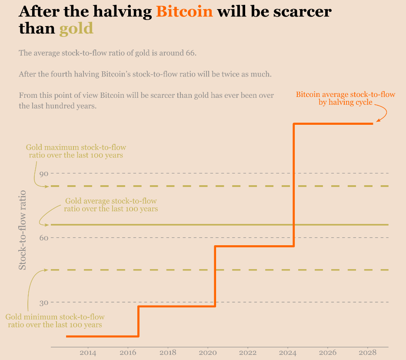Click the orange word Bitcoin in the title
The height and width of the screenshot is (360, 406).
184,12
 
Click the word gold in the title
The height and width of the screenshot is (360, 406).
76,29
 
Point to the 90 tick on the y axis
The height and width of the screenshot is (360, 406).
43,173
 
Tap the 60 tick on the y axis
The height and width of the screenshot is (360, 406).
43,238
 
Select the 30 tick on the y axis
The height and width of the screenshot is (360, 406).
43,302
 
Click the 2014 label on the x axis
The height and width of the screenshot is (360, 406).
88,353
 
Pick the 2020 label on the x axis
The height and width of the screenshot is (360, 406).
208,353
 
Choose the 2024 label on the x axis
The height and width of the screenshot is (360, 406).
288,353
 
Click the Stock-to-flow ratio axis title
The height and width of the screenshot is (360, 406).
23,230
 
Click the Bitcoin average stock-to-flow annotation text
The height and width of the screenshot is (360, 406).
346,98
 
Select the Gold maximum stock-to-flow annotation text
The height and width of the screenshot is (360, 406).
76,151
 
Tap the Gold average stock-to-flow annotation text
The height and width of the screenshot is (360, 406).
111,205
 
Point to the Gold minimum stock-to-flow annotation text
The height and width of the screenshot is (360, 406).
55,321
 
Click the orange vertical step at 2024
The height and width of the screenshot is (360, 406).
294,185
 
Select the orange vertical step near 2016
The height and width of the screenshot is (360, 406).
138,321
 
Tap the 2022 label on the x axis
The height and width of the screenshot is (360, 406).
248,353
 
